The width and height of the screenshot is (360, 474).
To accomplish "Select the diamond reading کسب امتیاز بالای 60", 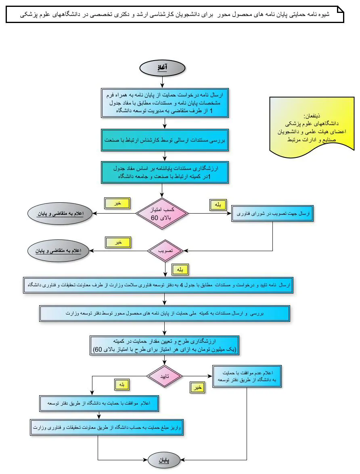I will click(161, 213).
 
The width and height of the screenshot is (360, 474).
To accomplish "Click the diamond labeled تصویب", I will click(165, 251).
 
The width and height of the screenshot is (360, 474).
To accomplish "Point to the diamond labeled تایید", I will click(165, 376).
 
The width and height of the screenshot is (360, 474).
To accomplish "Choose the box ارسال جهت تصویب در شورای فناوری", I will click(272, 214).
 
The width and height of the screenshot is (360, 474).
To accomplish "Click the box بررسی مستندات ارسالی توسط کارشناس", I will click(165, 140).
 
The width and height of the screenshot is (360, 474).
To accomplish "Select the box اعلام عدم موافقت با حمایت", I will click(247, 377).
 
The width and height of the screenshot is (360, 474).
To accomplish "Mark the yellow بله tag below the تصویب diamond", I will click(180, 269).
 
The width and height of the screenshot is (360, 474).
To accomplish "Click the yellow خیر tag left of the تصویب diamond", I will click(118, 243).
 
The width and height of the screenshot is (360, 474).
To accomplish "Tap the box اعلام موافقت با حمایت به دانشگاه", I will click(99, 403).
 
